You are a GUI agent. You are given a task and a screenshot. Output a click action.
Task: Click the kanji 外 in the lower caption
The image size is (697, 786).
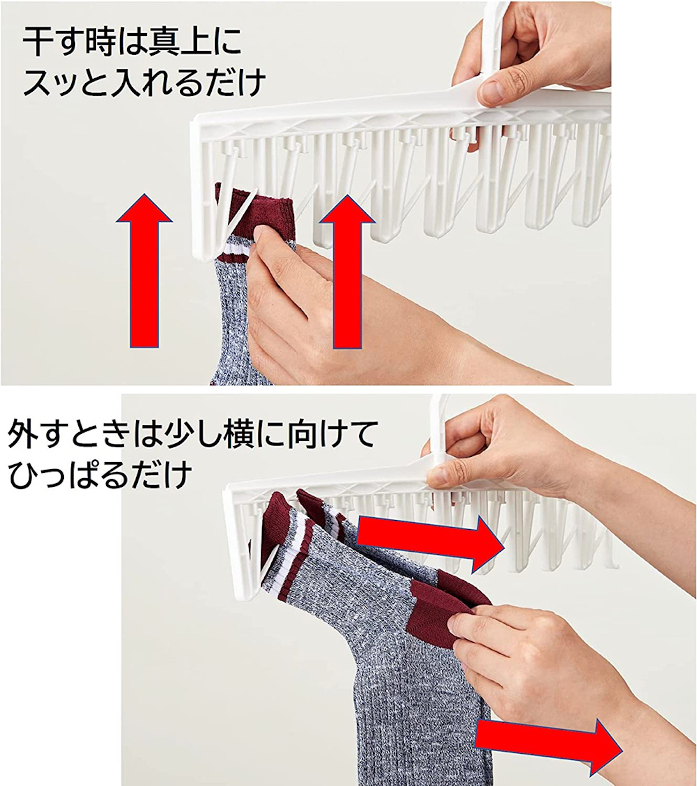click(x=23, y=435)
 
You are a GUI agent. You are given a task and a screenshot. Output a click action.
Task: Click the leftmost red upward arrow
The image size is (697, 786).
click(x=144, y=270)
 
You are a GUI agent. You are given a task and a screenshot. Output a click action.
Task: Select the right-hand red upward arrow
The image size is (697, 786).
click(x=347, y=271)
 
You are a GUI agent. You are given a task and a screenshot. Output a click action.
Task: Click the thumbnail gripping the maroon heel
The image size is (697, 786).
click(x=460, y=625)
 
